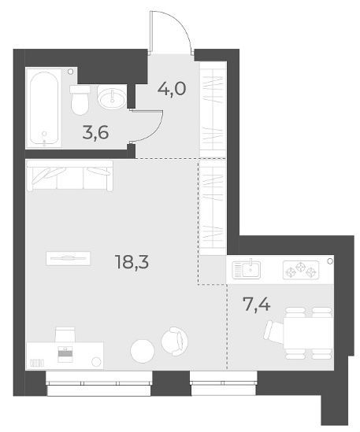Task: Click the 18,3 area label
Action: pyautogui.click(x=132, y=262)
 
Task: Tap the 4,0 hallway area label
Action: pyautogui.click(x=172, y=89)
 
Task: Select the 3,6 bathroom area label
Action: pyautogui.click(x=96, y=132)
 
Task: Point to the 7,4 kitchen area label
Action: pyautogui.click(x=256, y=305)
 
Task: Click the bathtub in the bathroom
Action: pyautogui.click(x=44, y=108)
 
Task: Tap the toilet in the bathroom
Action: pyautogui.click(x=80, y=100)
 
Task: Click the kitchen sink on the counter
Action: pyautogui.click(x=246, y=269)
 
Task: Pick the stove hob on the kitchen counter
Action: pyautogui.click(x=301, y=269)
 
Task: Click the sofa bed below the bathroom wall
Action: pyautogui.click(x=69, y=175)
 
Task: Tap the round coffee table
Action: pyautogui.click(x=143, y=351)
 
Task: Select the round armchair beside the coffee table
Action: pyautogui.click(x=174, y=341)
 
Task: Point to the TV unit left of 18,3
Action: pyautogui.click(x=68, y=258)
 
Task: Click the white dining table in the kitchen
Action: pyautogui.click(x=308, y=334)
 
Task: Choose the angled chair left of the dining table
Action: pyautogui.click(x=274, y=332)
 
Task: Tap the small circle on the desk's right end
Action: pyautogui.click(x=96, y=362)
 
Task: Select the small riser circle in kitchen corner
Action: pyautogui.click(x=330, y=261)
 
